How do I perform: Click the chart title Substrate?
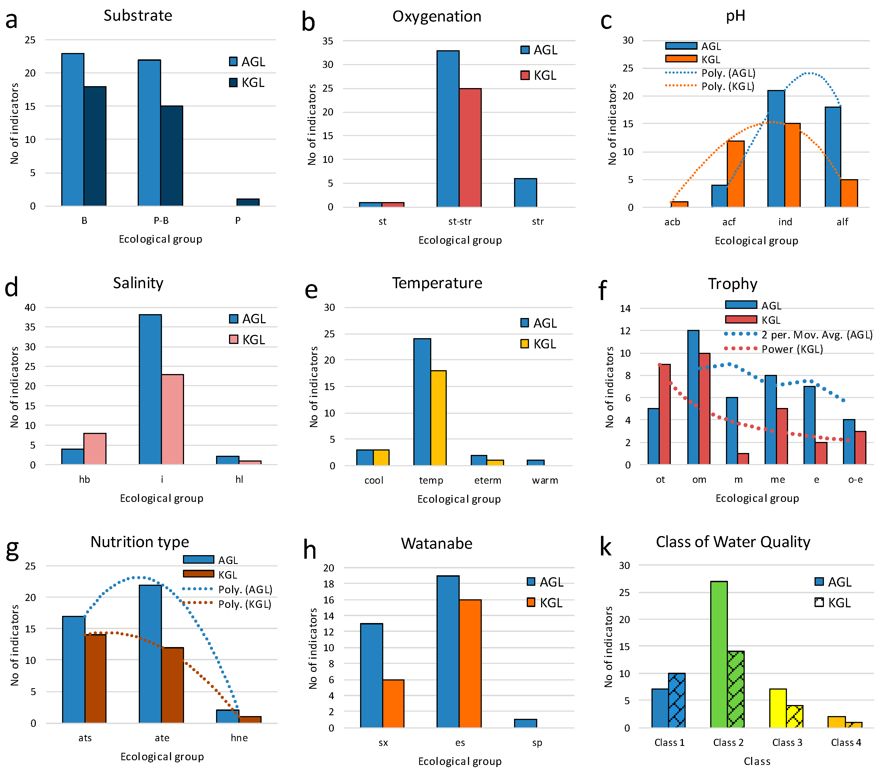coord(138,15)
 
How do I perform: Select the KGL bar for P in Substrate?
coord(248,202)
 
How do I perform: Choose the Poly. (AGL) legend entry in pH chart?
coord(710,73)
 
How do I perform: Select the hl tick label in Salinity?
coord(239,479)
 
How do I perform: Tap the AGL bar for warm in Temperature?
coord(536,462)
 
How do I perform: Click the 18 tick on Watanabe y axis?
coord(329,584)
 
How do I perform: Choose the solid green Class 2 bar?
coord(719,655)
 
